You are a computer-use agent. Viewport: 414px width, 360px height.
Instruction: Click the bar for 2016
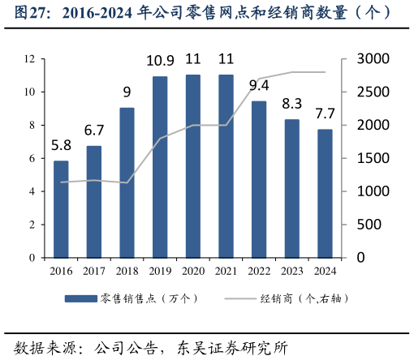point(61,209)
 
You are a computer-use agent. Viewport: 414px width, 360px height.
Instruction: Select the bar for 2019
point(160,167)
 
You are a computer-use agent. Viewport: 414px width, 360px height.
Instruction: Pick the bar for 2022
point(259,179)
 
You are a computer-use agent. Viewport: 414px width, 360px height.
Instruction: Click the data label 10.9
point(160,61)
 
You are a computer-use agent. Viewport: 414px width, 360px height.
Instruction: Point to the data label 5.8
point(61,146)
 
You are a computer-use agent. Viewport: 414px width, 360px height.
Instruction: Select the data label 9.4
point(259,85)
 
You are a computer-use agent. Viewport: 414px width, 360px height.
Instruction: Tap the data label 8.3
point(292,104)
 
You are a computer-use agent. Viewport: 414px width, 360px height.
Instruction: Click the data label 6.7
point(94,131)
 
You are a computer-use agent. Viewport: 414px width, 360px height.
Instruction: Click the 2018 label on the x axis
point(127,271)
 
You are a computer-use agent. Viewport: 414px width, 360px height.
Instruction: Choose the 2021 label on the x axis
point(226,271)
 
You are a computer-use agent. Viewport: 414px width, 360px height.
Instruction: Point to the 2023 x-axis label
point(292,271)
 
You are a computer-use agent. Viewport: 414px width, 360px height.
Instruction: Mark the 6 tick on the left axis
point(32,158)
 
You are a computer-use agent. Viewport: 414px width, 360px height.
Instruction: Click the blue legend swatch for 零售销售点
point(81,298)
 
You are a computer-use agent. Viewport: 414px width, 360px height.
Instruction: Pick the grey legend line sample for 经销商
point(238,298)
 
